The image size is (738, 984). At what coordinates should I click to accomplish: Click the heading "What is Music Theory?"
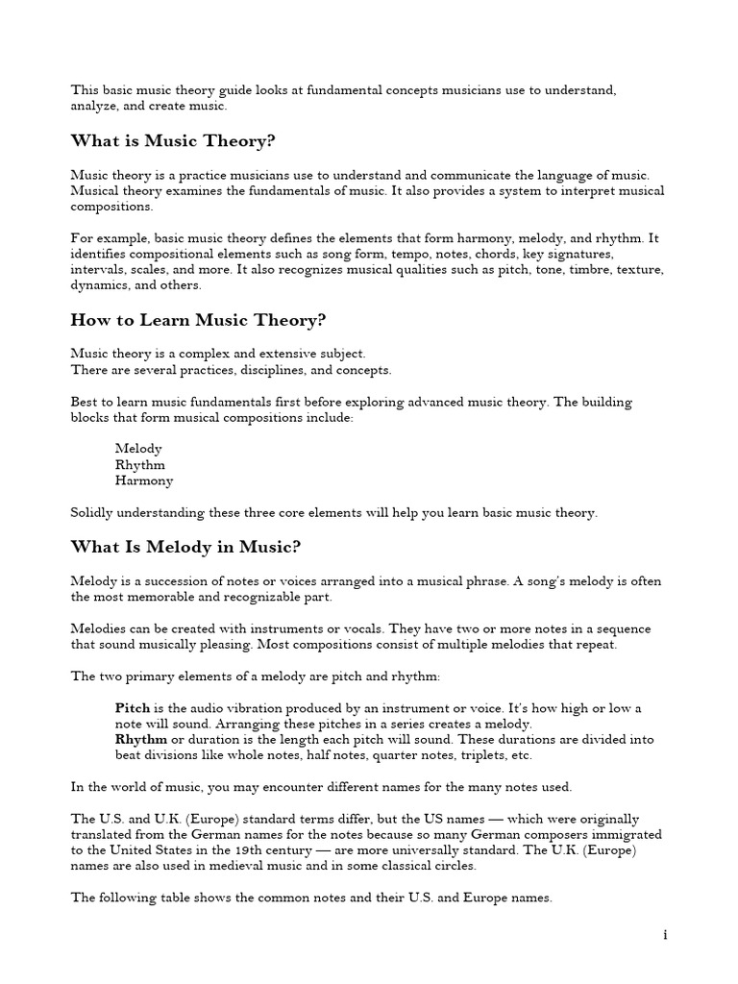point(173,141)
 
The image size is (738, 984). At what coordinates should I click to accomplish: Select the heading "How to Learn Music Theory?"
point(192,320)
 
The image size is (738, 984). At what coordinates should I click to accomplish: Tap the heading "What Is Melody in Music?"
point(185,547)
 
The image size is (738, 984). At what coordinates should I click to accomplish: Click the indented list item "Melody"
point(138,449)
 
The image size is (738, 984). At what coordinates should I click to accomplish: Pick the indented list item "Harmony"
point(144,480)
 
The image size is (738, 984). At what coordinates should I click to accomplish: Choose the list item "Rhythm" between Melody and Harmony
point(140,465)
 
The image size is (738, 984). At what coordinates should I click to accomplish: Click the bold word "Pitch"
point(133,708)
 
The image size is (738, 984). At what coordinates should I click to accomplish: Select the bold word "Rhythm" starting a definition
point(141,739)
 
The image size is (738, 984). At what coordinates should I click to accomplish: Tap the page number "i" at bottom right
point(664,934)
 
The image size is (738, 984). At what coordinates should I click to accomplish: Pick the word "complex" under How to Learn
point(201,354)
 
